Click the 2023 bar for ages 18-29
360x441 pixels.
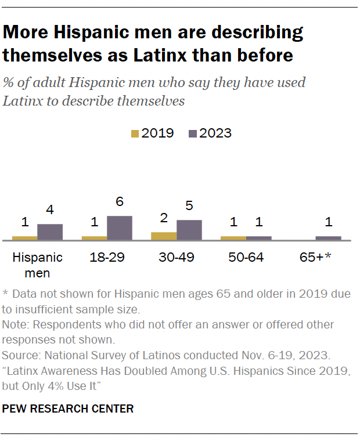[x=120, y=227]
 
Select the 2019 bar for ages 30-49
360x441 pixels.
[x=164, y=236]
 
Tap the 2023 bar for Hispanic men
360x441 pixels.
[x=50, y=232]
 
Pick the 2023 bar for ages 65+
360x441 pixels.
[x=328, y=238]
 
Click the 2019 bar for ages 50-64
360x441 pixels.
[x=233, y=238]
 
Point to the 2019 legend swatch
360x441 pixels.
[x=135, y=133]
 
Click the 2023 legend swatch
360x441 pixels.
[x=192, y=133]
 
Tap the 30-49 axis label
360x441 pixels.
[x=177, y=258]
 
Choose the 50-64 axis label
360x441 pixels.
[x=246, y=258]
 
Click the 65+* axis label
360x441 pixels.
[x=315, y=258]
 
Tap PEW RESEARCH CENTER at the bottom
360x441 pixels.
[x=68, y=409]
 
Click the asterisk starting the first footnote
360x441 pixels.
[x=6, y=293]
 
